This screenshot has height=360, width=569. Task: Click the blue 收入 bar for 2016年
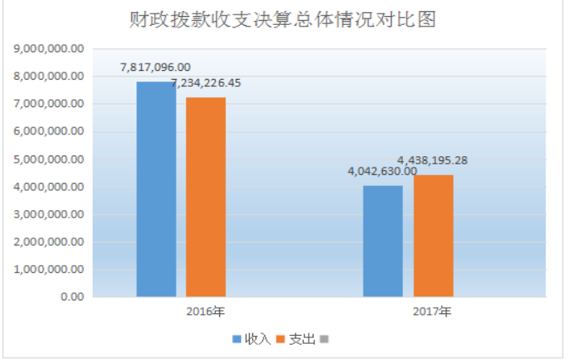(x=156, y=189)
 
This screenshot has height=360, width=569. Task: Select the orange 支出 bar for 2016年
(x=206, y=197)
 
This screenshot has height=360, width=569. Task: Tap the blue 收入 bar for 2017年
(x=383, y=241)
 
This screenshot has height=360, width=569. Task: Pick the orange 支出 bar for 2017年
(x=434, y=235)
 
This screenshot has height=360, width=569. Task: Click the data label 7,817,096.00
(x=156, y=68)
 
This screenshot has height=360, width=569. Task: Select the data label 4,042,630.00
(x=383, y=171)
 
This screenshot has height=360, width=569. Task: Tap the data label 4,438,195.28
(x=433, y=159)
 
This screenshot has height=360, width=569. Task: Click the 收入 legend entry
(x=251, y=339)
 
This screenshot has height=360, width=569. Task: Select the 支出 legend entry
(x=296, y=339)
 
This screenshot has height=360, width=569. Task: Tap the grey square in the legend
(x=326, y=339)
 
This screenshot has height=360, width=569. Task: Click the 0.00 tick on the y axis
(x=71, y=296)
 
